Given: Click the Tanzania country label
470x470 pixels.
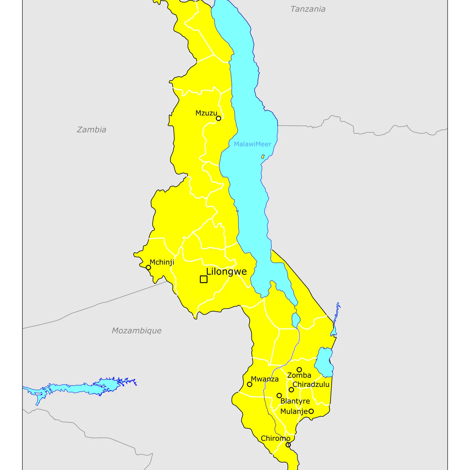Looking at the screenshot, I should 308,9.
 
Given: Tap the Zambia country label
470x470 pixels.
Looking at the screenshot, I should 91,130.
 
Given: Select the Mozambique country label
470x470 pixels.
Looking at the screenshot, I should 137,330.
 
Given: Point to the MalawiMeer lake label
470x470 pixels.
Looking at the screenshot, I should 252,144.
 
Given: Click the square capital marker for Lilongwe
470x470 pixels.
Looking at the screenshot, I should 204,279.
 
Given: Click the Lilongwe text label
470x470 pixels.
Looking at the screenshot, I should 226,271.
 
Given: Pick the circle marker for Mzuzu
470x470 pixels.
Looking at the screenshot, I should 219,118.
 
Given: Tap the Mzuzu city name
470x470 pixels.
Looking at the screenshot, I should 206,113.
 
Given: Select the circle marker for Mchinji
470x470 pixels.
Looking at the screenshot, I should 148,268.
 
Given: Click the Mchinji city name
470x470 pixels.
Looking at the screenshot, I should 162,262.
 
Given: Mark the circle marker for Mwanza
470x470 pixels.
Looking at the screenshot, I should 250,384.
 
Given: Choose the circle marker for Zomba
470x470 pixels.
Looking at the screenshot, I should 299,370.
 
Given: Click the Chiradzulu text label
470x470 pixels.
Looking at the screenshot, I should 311,385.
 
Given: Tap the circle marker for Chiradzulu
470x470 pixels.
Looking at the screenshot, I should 291,390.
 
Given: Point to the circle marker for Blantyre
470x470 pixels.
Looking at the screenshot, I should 279,396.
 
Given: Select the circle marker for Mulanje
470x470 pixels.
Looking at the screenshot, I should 311,411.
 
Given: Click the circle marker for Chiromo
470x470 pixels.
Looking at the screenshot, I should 288,445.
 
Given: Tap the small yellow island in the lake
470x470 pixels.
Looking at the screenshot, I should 263,157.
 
